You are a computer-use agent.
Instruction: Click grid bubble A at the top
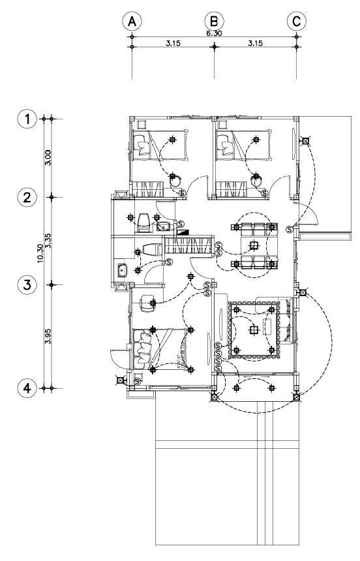point(132,22)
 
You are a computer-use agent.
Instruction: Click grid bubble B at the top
point(214,22)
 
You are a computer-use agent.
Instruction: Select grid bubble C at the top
point(297,22)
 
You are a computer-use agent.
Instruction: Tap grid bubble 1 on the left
point(27,119)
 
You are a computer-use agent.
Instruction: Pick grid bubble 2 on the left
point(27,197)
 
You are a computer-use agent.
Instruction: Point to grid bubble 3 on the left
point(27,285)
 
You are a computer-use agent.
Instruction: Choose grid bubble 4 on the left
point(27,388)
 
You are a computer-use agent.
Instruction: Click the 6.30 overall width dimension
point(214,33)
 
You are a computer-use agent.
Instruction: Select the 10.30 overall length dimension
point(40,253)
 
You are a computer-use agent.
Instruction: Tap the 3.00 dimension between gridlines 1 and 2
point(48,157)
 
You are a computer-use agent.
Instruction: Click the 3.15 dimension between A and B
point(173,43)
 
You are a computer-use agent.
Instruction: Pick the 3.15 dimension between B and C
point(255,43)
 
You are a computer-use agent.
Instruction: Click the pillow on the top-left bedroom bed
point(142,145)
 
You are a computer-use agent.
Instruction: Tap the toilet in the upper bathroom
point(143,222)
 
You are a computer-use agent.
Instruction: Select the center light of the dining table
point(254,245)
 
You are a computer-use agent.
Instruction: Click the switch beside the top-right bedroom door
point(265,194)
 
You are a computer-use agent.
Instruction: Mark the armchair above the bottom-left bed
point(147,303)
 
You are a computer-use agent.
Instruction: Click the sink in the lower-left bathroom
point(122,271)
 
